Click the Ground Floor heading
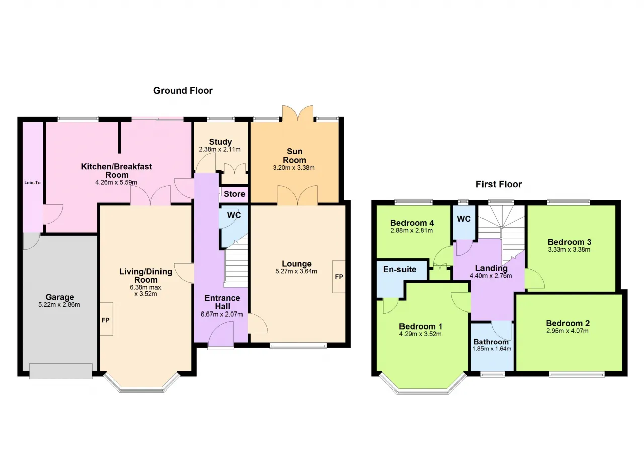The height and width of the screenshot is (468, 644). [x=183, y=90]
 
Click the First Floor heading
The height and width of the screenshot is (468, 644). [x=499, y=184]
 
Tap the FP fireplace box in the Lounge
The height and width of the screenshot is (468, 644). [x=339, y=277]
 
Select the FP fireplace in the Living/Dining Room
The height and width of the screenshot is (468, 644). [x=106, y=319]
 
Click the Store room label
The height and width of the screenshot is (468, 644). [x=234, y=194]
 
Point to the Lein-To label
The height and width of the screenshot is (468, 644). [x=33, y=183]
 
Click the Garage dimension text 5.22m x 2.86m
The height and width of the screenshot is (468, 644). [x=59, y=305]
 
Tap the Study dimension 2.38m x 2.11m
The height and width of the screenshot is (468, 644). [x=220, y=149]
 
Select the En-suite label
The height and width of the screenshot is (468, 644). [x=399, y=269]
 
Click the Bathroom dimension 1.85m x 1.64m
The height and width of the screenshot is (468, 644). [x=492, y=348]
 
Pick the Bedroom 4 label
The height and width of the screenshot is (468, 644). [x=412, y=223]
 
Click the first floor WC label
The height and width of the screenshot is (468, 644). [x=464, y=219]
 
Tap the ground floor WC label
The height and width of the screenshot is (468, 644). [x=234, y=215]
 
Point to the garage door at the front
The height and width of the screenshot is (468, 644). [x=61, y=371]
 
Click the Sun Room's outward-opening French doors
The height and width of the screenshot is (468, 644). [x=297, y=114]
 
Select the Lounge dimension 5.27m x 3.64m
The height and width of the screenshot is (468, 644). [x=296, y=271]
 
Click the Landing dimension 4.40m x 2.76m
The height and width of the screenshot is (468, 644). [x=491, y=276]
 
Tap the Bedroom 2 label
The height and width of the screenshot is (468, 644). [x=568, y=323]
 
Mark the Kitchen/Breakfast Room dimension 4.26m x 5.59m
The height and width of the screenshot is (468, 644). [x=116, y=182]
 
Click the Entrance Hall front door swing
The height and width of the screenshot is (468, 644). [x=221, y=334]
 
